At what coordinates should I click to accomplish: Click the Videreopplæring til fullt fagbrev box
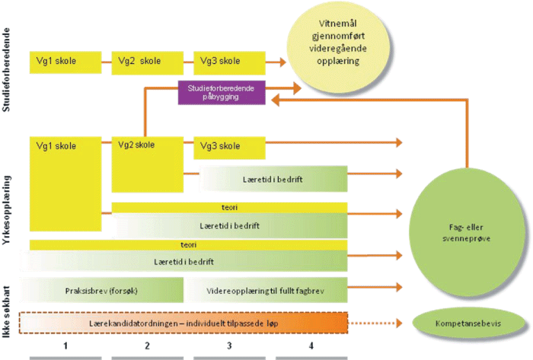pos(266,290)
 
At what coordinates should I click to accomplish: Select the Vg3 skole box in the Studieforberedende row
pos(229,62)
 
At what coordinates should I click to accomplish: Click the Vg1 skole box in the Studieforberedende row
pos(65,62)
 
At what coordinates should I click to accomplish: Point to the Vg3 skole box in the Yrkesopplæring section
pos(229,147)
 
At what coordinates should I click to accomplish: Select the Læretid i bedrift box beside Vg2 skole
pos(271,179)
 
